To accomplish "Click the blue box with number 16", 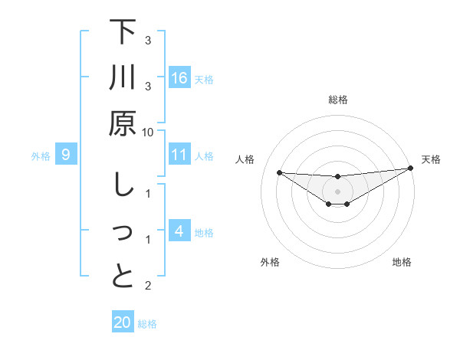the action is pyautogui.click(x=179, y=78).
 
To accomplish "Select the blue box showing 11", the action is pyautogui.click(x=179, y=155).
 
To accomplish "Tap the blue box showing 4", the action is pyautogui.click(x=179, y=231).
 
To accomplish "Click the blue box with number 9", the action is pyautogui.click(x=66, y=155).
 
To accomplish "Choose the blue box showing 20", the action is pyautogui.click(x=123, y=322).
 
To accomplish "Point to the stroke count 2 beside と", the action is pyautogui.click(x=147, y=286).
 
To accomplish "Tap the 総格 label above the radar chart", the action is pyautogui.click(x=337, y=100).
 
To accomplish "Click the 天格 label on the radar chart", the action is pyautogui.click(x=432, y=159).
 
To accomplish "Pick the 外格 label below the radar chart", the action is pyautogui.click(x=270, y=262).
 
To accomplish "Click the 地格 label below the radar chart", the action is pyautogui.click(x=402, y=262).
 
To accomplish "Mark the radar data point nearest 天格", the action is pyautogui.click(x=411, y=169).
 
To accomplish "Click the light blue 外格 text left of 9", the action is pyautogui.click(x=41, y=156).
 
